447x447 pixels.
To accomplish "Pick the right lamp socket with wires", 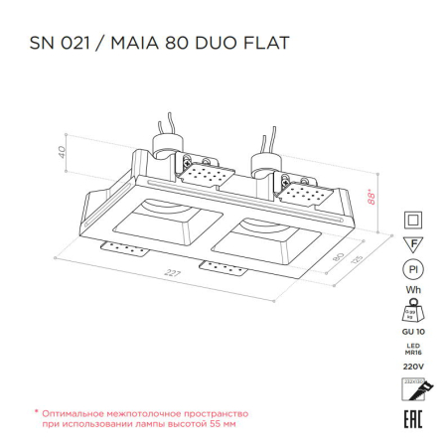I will click(265, 157).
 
